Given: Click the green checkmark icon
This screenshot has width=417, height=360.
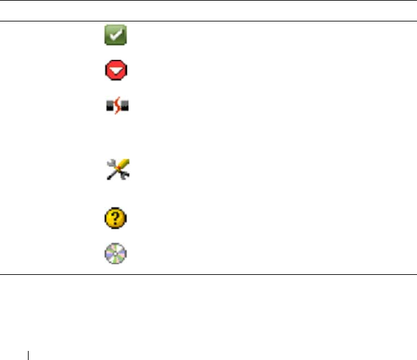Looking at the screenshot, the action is click(116, 36).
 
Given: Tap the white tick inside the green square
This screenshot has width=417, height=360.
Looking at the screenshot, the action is click(116, 36).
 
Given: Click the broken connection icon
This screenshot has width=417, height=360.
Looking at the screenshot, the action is click(117, 107).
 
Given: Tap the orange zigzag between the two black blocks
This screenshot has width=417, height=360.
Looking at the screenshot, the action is click(117, 107).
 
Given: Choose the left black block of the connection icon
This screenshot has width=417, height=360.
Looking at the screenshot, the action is click(109, 107).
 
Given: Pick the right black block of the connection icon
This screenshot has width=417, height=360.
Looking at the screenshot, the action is click(125, 107).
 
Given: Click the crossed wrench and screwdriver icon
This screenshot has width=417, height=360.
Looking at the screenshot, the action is click(117, 170).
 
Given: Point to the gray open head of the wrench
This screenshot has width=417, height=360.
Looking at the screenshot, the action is click(110, 163).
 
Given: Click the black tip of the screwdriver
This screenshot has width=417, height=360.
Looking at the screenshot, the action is click(109, 177).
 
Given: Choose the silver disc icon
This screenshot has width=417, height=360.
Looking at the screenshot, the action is click(116, 253).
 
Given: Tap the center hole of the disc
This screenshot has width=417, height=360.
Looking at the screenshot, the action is click(116, 253).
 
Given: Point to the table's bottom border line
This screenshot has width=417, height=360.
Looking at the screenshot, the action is click(208, 274).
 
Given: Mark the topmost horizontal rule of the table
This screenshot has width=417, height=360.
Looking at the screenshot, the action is click(208, 1).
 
